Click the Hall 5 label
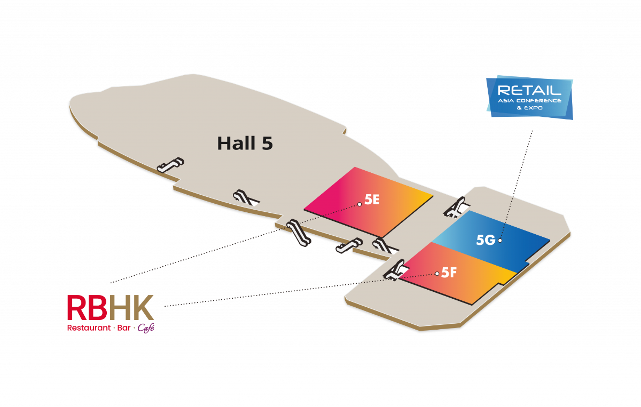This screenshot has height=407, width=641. pyautogui.click(x=245, y=143)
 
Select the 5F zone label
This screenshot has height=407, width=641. pyautogui.click(x=449, y=273)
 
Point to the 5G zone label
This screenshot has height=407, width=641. pyautogui.click(x=486, y=240)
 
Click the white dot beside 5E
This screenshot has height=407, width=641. pyautogui.click(x=360, y=204)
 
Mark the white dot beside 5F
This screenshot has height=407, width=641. pyautogui.click(x=437, y=274)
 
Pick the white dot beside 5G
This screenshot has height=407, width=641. pyautogui.click(x=500, y=241)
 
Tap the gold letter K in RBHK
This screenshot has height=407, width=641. pyautogui.click(x=143, y=308)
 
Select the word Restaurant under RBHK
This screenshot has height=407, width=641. pyautogui.click(x=89, y=328)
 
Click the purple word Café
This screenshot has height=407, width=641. pyautogui.click(x=146, y=328)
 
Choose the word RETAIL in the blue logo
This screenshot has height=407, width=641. pyautogui.click(x=529, y=90)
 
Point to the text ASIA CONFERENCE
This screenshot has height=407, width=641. pyautogui.click(x=529, y=100)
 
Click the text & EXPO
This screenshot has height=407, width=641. pyautogui.click(x=529, y=107)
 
